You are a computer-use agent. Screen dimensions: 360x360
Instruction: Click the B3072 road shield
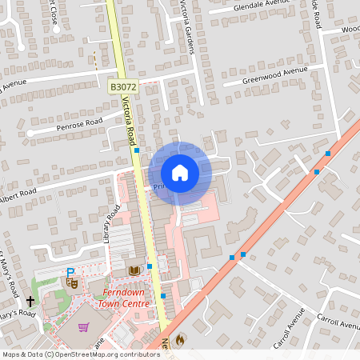pos(122,86)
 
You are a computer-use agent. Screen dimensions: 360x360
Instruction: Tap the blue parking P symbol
pos(70,272)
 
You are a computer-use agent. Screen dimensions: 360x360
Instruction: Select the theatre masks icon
pos(72,282)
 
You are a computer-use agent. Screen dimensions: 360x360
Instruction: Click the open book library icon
pos(134,270)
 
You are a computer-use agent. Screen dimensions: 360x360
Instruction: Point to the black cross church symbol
pos(30,302)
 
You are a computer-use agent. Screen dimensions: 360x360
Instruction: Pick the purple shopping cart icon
pos(83,326)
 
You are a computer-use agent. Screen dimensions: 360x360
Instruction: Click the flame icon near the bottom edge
pos(179,339)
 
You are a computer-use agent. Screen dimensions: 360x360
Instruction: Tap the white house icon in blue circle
pos(179,172)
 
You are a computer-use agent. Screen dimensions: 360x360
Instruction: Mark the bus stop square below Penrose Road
pos(137,150)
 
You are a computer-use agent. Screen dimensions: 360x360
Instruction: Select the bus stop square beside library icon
pos(150,266)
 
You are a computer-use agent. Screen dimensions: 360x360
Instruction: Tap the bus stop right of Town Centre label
pos(163,296)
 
